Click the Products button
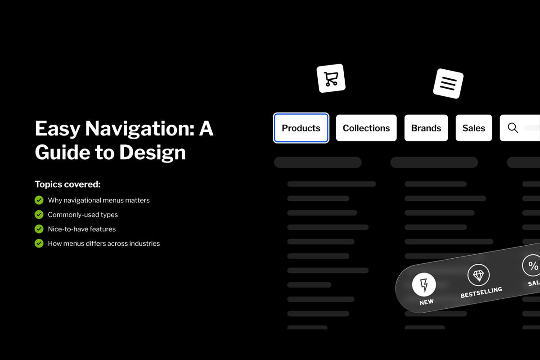coord(301,128)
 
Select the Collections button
coord(366,128)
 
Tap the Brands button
coord(426,128)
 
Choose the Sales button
coord(474,128)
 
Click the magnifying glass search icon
coord(513,128)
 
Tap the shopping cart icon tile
coord(331,78)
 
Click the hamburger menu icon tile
coord(448,83)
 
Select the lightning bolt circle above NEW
coord(424,284)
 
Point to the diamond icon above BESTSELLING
coord(478,275)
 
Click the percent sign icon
coord(533,265)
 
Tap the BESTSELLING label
coord(481,292)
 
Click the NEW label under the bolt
coord(427,302)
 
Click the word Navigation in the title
coord(139,129)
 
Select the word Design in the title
coord(153,153)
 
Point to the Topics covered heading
coord(67,184)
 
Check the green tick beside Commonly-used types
coord(39,214)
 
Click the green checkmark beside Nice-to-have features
coord(39,229)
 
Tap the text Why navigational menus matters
coord(99,200)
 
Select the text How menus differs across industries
coord(103,243)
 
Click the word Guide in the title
coord(62,153)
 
